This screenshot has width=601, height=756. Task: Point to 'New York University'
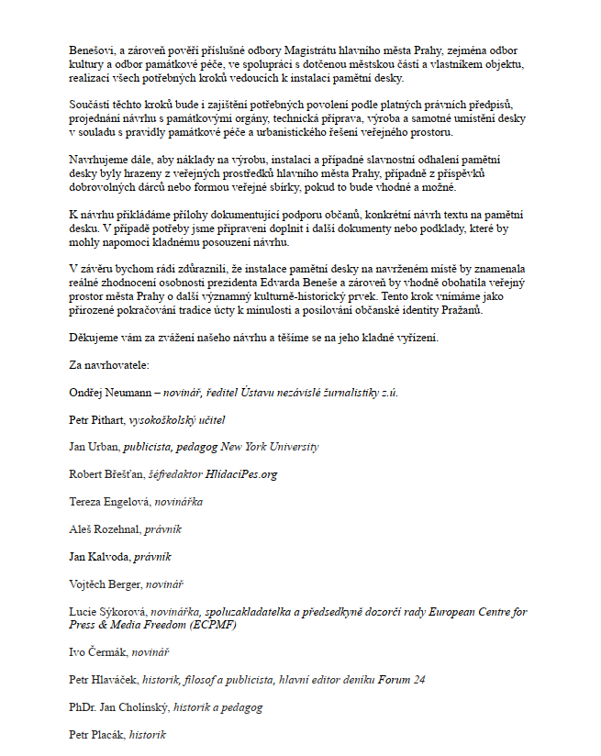(x=274, y=447)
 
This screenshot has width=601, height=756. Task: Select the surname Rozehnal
(x=115, y=529)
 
